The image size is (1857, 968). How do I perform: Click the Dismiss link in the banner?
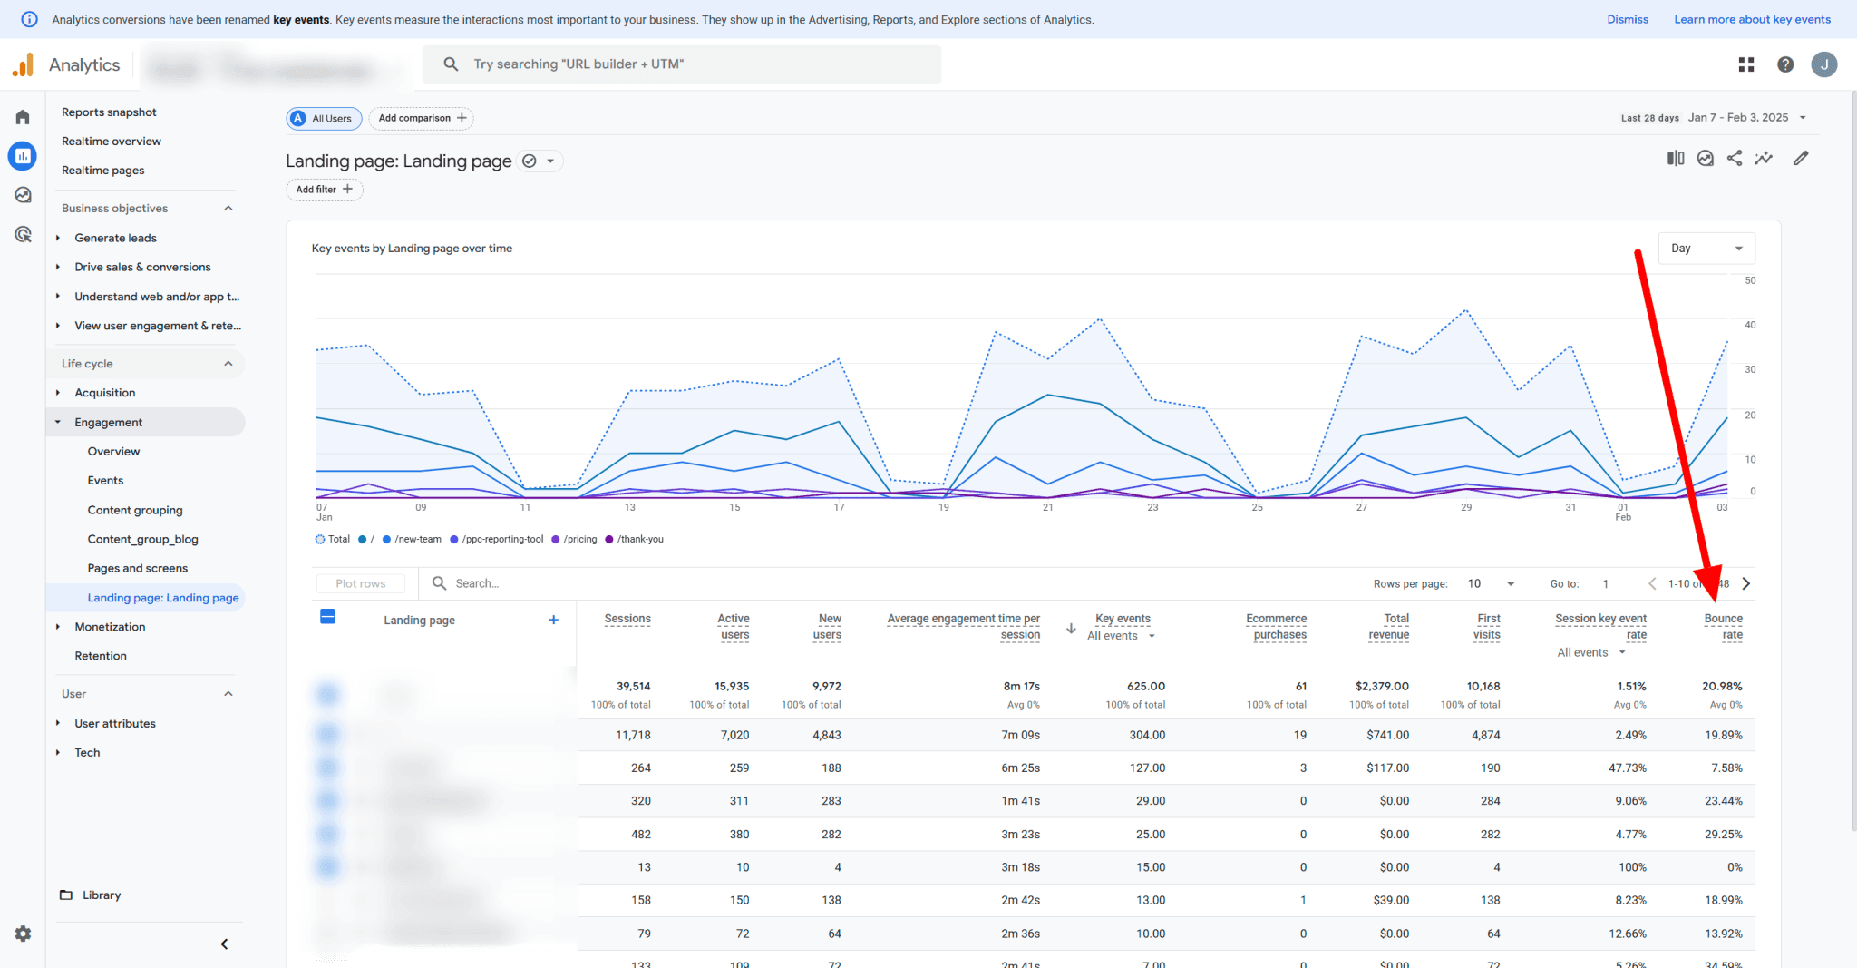[1628, 19]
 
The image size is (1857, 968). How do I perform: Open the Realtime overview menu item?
[112, 141]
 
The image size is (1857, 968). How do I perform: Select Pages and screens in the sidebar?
[137, 568]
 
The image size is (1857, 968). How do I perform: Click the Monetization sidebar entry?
[110, 627]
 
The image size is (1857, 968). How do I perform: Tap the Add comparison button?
[422, 118]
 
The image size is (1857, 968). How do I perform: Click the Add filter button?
[324, 190]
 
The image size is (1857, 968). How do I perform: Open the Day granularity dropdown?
[1706, 249]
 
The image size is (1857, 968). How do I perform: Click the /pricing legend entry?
[579, 539]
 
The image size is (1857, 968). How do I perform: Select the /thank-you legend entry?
[639, 539]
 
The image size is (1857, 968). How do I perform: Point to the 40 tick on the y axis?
[1750, 325]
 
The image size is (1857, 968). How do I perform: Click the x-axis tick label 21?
[1048, 507]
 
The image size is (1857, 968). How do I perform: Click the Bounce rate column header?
[1723, 626]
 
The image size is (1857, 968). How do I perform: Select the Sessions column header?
[627, 619]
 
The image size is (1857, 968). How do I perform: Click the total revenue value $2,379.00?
[1382, 686]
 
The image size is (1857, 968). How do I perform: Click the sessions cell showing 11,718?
[633, 735]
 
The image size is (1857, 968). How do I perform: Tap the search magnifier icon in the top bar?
[451, 64]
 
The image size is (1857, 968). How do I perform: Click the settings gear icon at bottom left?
[23, 934]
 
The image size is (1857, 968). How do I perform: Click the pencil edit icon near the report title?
[1801, 159]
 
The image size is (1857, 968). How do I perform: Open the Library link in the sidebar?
[101, 895]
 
